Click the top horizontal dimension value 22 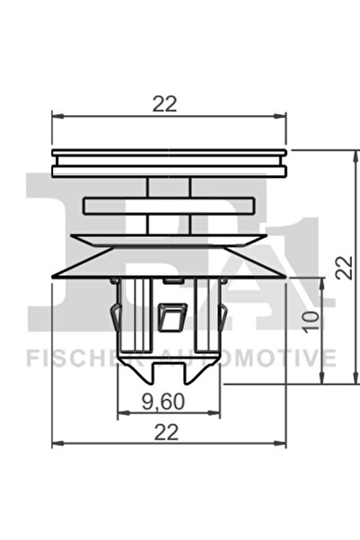pos(163,104)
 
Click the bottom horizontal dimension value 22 pos(163,431)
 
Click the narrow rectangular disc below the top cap pos(169,206)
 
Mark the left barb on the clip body pos(113,317)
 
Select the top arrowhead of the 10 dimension pos(322,281)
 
